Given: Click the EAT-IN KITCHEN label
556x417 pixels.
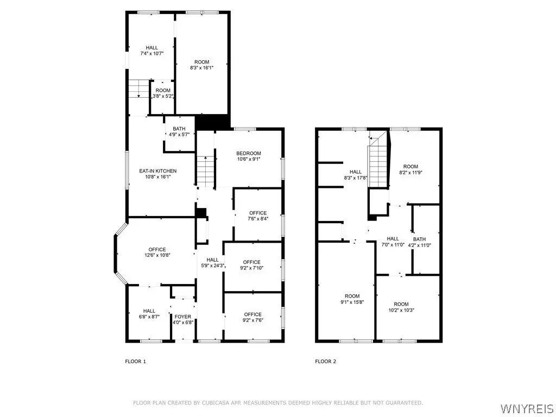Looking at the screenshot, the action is tap(158, 171).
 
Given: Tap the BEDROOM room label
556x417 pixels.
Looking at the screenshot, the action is tap(249, 153).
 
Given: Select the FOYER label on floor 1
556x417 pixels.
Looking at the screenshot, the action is tap(183, 317).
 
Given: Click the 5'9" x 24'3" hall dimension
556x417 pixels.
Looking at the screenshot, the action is tap(212, 266).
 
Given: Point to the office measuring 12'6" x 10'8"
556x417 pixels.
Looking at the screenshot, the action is tap(157, 252).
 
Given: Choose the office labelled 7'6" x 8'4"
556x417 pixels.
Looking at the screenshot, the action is tap(258, 216).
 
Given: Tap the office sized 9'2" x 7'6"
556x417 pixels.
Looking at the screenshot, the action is tap(252, 317).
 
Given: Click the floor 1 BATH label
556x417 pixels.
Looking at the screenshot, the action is tap(179, 129).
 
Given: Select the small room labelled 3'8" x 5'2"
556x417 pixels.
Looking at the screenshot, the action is tap(163, 93).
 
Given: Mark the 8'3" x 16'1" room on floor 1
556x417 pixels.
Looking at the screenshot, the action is tap(202, 65).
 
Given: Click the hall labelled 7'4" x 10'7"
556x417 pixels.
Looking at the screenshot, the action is tap(152, 50).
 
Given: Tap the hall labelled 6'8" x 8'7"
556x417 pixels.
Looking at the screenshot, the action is tap(149, 314).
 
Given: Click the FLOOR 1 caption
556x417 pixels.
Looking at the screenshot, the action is tap(135, 361).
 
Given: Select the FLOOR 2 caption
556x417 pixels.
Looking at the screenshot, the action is tap(326, 361).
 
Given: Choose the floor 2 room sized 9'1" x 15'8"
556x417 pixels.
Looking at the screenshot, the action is tap(352, 299).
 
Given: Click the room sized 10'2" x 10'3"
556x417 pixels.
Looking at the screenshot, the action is tap(401, 307).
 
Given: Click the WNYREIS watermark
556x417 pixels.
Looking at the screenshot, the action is tap(527, 408).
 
